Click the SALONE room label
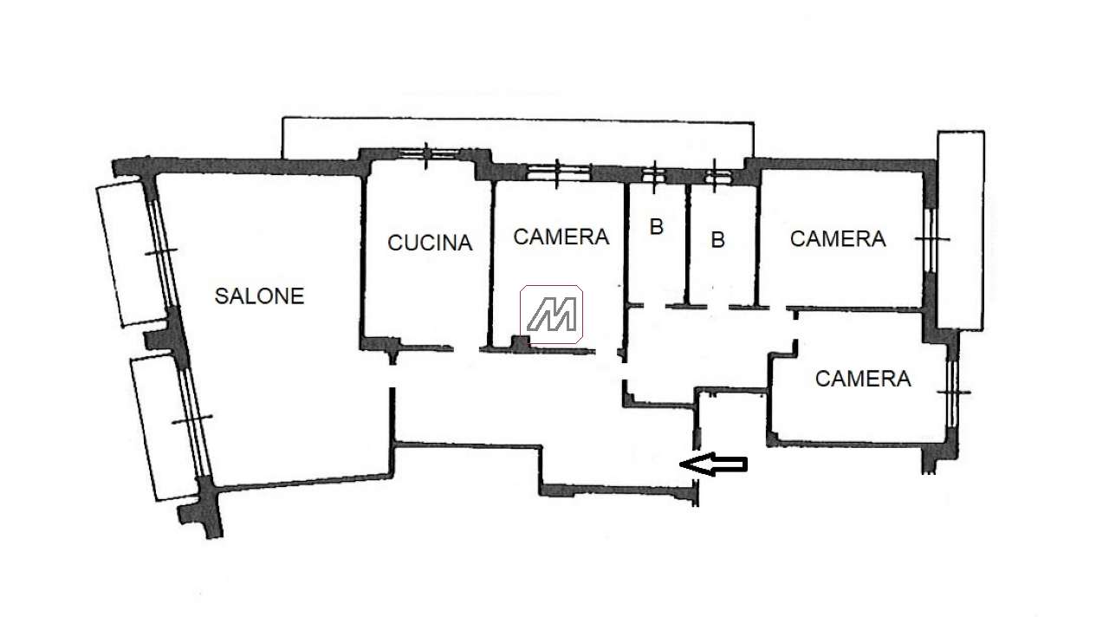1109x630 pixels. (x=259, y=296)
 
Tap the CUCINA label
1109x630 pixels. (x=430, y=243)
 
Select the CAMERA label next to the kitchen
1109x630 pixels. (x=561, y=237)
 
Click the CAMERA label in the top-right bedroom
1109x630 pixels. (x=838, y=238)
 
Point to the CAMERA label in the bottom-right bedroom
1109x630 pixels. (x=863, y=379)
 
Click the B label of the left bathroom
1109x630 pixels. (x=657, y=227)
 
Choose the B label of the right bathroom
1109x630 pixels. (x=718, y=240)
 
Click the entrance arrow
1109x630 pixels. (x=713, y=464)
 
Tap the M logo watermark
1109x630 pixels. (x=551, y=314)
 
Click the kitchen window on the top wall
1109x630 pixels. (x=427, y=154)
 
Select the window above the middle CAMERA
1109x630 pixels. (x=558, y=173)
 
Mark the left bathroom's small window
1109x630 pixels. (x=654, y=175)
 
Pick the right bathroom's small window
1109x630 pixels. (x=716, y=175)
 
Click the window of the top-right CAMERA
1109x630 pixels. (x=931, y=240)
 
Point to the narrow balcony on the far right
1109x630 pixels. (x=961, y=231)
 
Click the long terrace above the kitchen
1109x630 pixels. (x=517, y=140)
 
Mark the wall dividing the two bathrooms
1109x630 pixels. (x=687, y=244)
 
